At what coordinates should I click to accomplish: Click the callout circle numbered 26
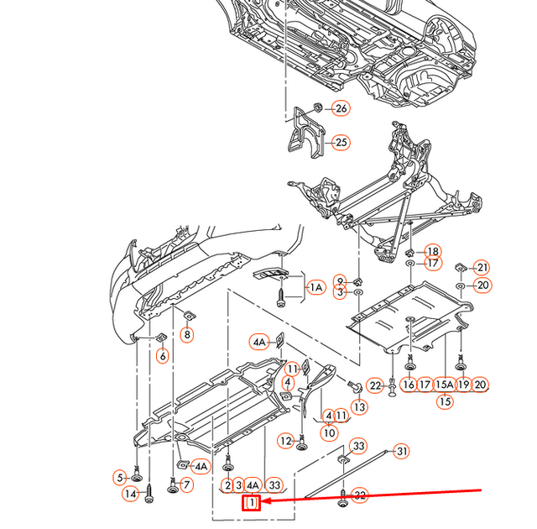(x=341, y=108)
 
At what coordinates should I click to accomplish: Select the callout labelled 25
(x=341, y=143)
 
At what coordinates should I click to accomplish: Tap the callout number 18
(x=432, y=251)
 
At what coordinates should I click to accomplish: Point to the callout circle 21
(x=481, y=268)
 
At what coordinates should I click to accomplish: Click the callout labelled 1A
(x=316, y=288)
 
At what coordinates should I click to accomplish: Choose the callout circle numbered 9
(x=340, y=280)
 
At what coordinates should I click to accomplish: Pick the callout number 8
(x=186, y=335)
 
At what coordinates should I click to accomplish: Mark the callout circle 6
(x=162, y=355)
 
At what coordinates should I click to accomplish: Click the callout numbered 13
(x=359, y=407)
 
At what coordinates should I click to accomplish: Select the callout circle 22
(x=375, y=385)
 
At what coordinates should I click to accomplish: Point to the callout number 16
(x=409, y=385)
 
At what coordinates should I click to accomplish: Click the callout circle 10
(x=328, y=433)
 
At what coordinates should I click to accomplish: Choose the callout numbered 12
(x=286, y=441)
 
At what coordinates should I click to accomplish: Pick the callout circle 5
(x=120, y=478)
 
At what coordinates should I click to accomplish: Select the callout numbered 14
(x=131, y=495)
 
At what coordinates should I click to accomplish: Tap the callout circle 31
(x=402, y=452)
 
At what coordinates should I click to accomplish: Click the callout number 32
(x=360, y=495)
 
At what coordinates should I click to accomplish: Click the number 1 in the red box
(x=252, y=503)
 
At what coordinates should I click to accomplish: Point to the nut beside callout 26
(x=319, y=107)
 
